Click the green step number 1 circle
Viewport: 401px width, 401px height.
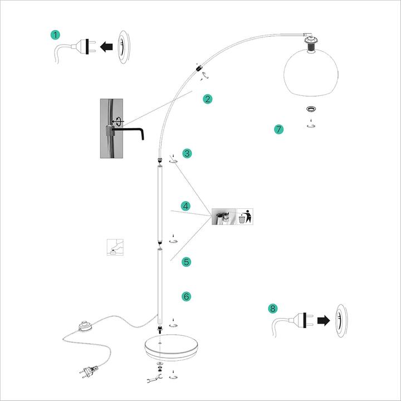pyautogui.click(x=55, y=35)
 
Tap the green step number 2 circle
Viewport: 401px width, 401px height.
pyautogui.click(x=208, y=99)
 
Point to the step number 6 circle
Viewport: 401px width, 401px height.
pyautogui.click(x=187, y=296)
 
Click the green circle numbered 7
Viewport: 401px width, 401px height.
pyautogui.click(x=279, y=129)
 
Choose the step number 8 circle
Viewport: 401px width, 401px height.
pyautogui.click(x=272, y=307)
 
